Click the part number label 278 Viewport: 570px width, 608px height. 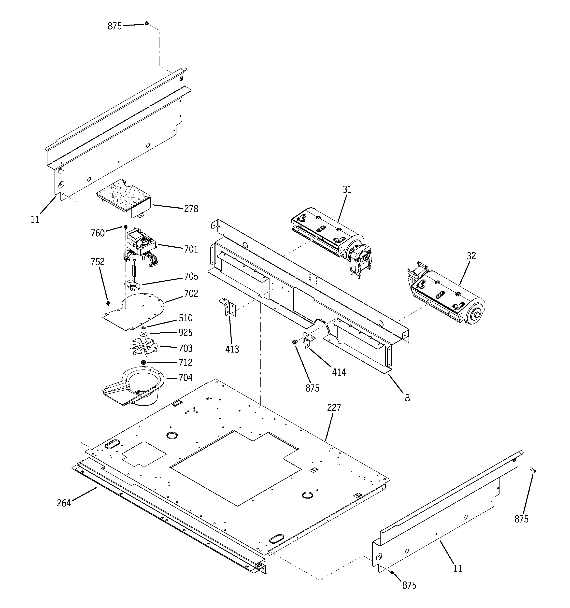(191, 209)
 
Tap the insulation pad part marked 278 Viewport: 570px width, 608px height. (122, 196)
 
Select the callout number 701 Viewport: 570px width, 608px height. (191, 249)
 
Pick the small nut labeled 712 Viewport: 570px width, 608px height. (143, 362)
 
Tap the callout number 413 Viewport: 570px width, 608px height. (232, 349)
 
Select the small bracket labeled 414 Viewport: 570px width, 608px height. (308, 340)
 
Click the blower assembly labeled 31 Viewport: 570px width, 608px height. (330, 236)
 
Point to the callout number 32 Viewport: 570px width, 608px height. (471, 256)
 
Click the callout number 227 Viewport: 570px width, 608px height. (334, 408)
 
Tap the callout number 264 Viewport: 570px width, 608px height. (64, 503)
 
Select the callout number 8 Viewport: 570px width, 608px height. (407, 398)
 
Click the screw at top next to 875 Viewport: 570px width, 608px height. (147, 23)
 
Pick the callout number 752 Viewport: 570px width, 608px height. (97, 262)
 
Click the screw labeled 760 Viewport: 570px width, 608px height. (126, 227)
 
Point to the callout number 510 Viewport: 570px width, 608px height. (186, 318)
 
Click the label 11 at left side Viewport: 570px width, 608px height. (35, 220)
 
